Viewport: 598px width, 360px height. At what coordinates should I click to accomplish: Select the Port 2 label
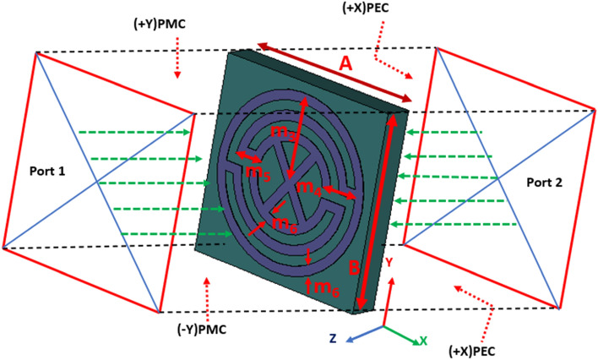[x=545, y=181]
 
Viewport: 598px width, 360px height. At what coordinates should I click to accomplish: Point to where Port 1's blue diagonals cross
[x=98, y=182]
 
